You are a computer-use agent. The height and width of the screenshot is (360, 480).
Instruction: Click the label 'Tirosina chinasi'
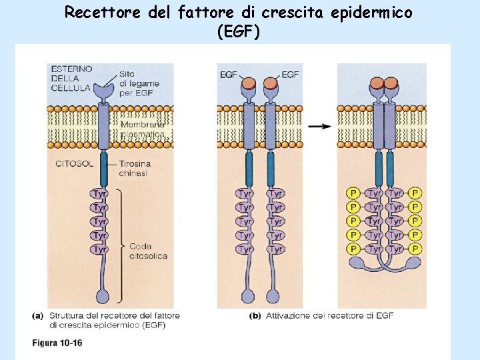pyautogui.click(x=134, y=168)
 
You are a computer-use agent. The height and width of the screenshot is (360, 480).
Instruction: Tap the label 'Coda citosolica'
pyautogui.click(x=148, y=251)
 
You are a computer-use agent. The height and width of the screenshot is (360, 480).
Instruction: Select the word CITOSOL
pyautogui.click(x=73, y=163)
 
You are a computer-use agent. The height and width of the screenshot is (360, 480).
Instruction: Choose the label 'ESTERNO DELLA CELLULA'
pyautogui.click(x=70, y=79)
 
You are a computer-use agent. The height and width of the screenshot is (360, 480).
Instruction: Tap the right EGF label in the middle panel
pyautogui.click(x=290, y=75)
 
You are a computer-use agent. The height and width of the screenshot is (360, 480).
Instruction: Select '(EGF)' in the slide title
pyautogui.click(x=239, y=31)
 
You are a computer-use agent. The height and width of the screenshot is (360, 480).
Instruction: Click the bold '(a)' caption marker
pyautogui.click(x=38, y=315)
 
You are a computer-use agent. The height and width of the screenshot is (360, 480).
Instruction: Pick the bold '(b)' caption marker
pyautogui.click(x=254, y=315)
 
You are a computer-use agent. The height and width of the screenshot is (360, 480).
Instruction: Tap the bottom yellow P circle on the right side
pyautogui.click(x=415, y=249)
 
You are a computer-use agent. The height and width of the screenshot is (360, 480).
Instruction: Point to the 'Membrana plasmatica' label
pyautogui.click(x=141, y=129)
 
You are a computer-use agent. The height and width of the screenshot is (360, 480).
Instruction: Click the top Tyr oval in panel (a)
pyautogui.click(x=100, y=193)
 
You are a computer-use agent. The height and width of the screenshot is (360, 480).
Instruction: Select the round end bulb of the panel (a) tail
pyautogui.click(x=103, y=295)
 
